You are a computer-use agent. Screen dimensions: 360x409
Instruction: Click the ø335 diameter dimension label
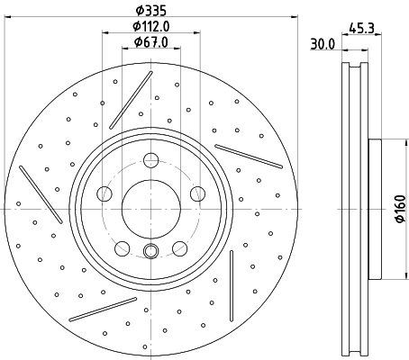[150, 10]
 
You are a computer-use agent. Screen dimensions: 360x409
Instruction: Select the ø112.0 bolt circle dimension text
[150, 26]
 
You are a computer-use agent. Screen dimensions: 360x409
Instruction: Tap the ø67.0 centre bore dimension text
[150, 42]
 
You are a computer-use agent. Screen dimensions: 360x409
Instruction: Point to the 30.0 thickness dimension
[322, 42]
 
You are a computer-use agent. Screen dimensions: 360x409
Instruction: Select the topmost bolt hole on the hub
[150, 162]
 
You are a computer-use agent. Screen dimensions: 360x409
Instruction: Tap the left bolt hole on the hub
[105, 193]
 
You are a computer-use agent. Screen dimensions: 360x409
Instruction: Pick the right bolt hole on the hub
[195, 193]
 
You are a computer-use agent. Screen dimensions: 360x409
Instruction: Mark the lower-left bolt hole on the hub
[122, 245]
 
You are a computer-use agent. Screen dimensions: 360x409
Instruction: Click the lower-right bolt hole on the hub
[177, 245]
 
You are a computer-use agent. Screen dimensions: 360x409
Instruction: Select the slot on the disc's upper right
[249, 155]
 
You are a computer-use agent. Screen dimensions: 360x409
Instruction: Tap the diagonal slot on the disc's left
[41, 193]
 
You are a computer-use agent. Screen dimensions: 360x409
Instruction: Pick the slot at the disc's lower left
[102, 309]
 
